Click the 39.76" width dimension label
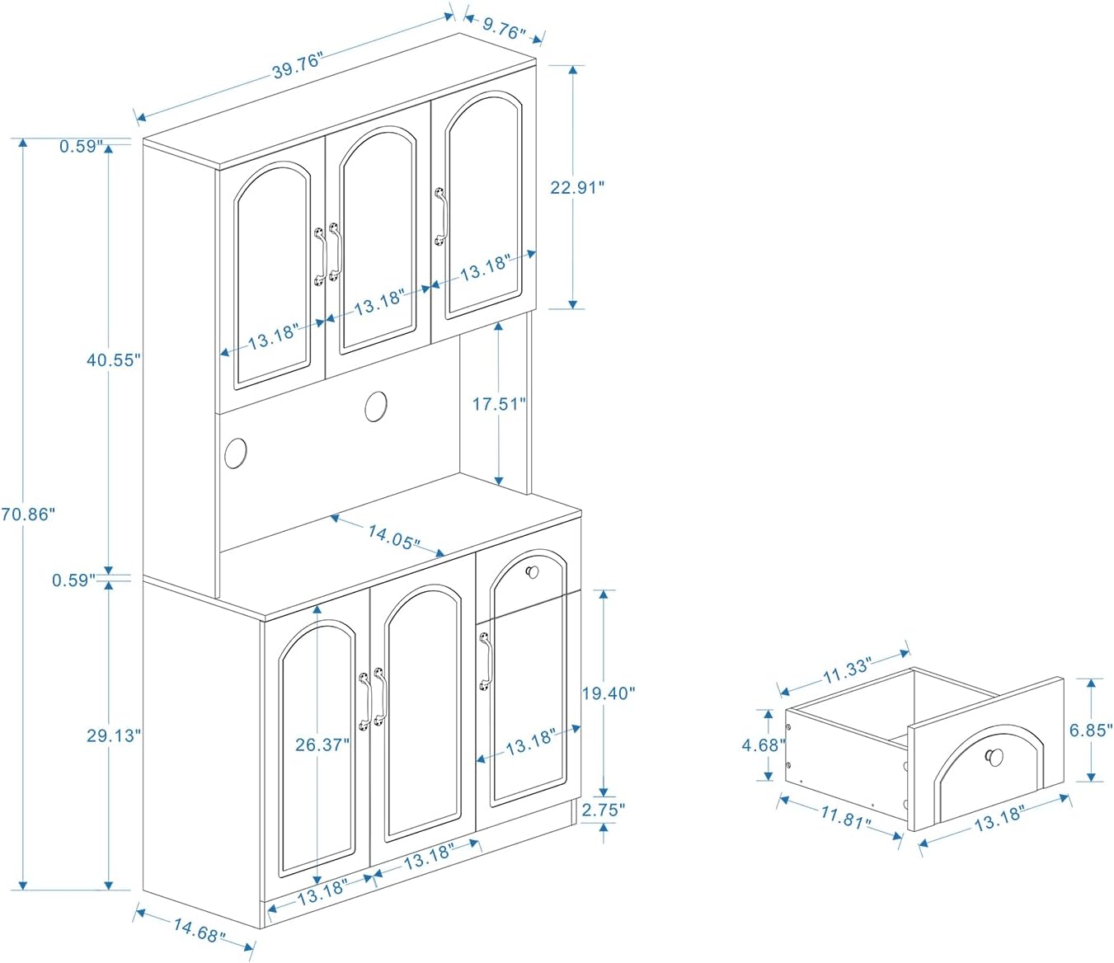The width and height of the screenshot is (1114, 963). pos(298,65)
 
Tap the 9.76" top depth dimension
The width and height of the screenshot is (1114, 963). pos(504,31)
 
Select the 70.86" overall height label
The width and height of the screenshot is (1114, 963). pos(28,514)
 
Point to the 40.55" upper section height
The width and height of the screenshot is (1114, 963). pos(114,359)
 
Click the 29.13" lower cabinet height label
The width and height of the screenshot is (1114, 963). pos(114,735)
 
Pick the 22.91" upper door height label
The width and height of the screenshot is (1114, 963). pos(577,187)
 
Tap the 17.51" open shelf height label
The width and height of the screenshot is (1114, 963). pos(498,403)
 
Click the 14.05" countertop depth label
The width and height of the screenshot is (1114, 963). pos(393,537)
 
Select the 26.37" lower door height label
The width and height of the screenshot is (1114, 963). pos(322,745)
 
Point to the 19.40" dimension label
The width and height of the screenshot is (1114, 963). pos(609,693)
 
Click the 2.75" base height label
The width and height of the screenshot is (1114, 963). pos(604,810)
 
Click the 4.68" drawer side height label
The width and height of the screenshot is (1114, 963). pos(763,745)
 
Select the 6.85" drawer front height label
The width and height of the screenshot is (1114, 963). pos(1091,730)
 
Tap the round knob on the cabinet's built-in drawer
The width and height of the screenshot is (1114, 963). pos(532,571)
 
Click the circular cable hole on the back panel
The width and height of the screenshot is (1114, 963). pos(376,406)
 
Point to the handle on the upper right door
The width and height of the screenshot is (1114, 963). pos(440,217)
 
